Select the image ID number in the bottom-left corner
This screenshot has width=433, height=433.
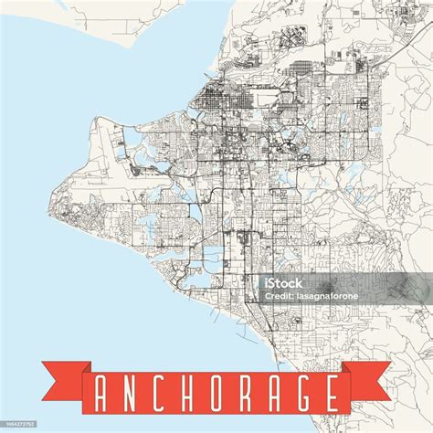coord(19,424)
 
